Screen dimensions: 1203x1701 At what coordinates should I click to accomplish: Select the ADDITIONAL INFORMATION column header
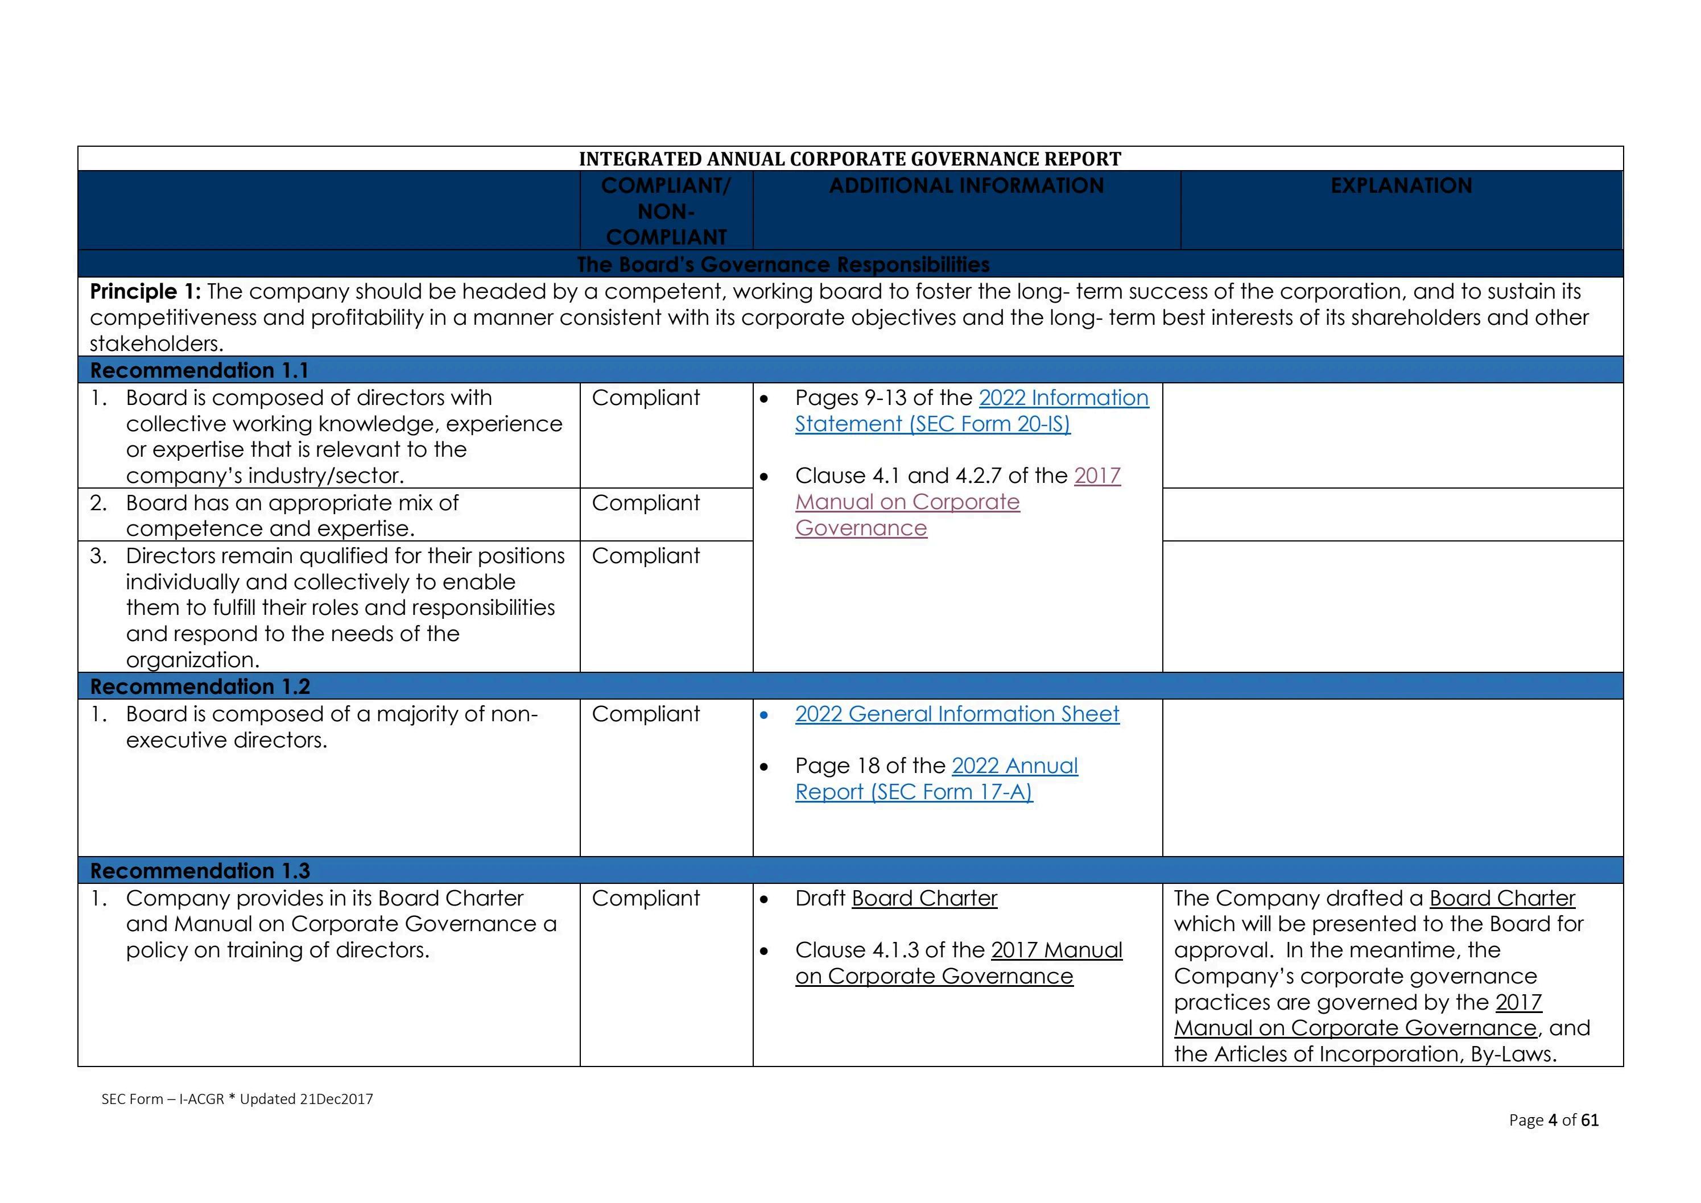[x=966, y=186]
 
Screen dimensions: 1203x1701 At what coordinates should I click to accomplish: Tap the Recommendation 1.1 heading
[x=199, y=370]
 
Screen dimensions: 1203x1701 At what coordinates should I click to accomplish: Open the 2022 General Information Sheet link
[x=956, y=714]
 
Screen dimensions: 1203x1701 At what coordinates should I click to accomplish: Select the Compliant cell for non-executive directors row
[x=645, y=714]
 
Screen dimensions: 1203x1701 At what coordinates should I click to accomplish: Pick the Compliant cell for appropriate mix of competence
[x=645, y=503]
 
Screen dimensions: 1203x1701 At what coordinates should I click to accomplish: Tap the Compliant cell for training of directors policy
[x=645, y=899]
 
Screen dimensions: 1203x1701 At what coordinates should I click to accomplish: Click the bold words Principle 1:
[x=145, y=292]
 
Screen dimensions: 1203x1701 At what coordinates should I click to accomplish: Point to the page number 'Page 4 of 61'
[x=1553, y=1120]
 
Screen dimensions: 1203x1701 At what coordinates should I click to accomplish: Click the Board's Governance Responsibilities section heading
[x=782, y=264]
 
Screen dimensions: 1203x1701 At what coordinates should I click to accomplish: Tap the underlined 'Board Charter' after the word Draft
[x=924, y=899]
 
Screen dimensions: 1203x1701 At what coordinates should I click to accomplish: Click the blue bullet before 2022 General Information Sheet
[x=764, y=716]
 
